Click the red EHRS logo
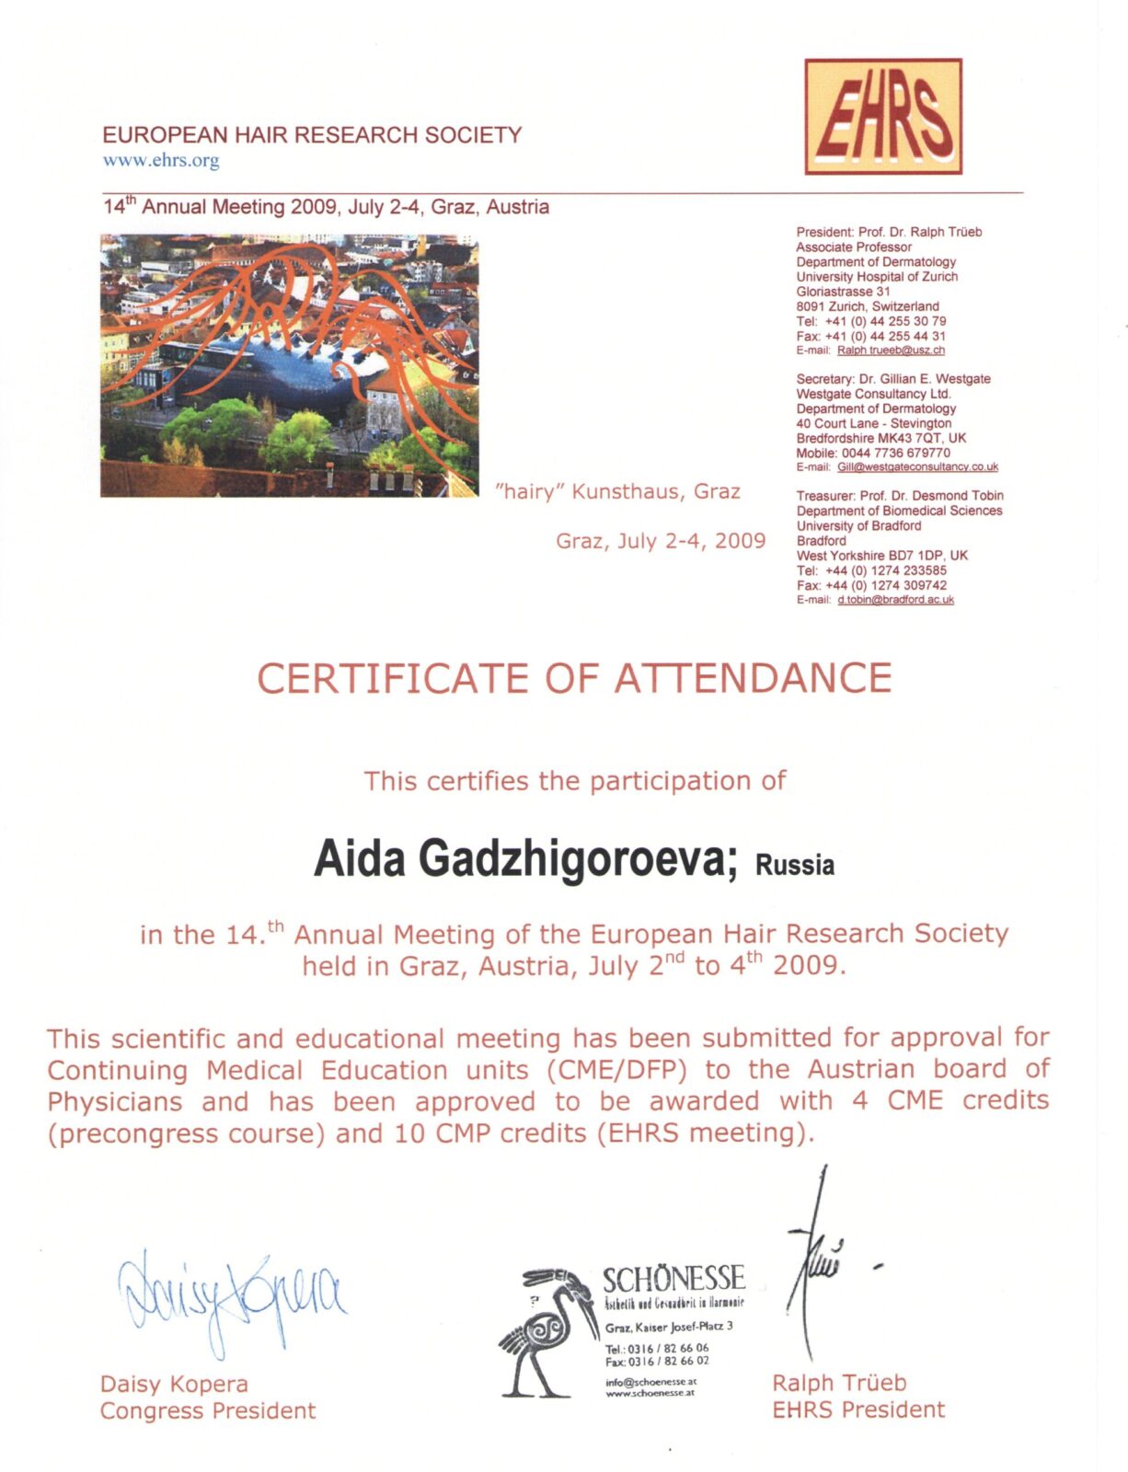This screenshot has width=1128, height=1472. tap(882, 117)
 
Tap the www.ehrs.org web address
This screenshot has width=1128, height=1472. tap(161, 160)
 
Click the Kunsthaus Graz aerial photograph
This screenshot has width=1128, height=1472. tap(289, 365)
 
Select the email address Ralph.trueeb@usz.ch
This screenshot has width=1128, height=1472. tap(891, 351)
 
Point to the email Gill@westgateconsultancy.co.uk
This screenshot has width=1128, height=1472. tap(917, 467)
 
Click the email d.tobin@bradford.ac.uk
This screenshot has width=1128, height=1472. tap(895, 600)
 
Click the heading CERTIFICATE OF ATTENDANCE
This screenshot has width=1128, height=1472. tap(574, 679)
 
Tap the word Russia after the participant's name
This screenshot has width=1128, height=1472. tap(795, 866)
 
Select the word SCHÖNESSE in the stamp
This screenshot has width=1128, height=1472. tap(673, 1279)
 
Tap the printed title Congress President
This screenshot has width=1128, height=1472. tap(208, 1410)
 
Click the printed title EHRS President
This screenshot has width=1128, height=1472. tap(858, 1409)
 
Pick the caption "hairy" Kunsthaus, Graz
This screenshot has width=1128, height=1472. tap(617, 491)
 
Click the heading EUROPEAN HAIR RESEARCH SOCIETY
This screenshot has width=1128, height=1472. tap(312, 135)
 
